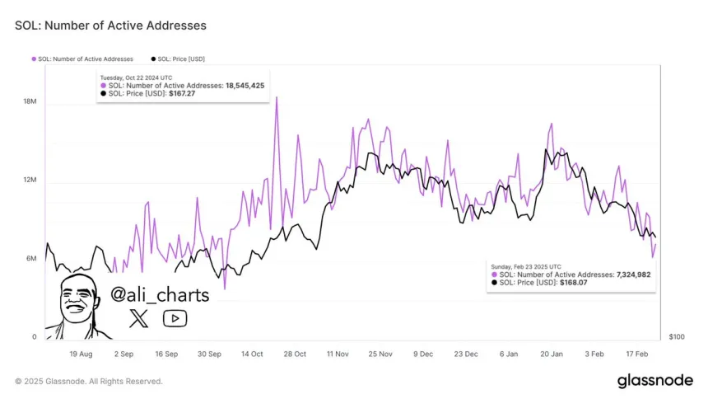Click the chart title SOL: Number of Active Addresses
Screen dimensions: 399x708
pyautogui.click(x=110, y=26)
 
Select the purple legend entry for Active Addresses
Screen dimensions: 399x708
pyautogui.click(x=82, y=59)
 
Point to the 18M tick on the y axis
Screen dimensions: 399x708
pyautogui.click(x=30, y=102)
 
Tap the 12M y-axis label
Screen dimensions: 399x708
pyautogui.click(x=30, y=181)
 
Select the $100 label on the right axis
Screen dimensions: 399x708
pyautogui.click(x=676, y=337)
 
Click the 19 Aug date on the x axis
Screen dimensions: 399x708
pyautogui.click(x=80, y=354)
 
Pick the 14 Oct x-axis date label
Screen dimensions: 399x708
pyautogui.click(x=251, y=354)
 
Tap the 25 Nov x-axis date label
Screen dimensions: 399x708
pyautogui.click(x=380, y=354)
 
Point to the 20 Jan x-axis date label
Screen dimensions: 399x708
pyautogui.click(x=551, y=354)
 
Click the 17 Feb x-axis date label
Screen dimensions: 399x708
pyautogui.click(x=636, y=354)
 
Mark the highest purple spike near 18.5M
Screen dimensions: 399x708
pyautogui.click(x=277, y=97)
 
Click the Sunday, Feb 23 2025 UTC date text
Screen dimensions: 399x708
pyautogui.click(x=527, y=266)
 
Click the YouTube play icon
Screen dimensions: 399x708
pyautogui.click(x=175, y=318)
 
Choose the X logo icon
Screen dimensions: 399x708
pyautogui.click(x=139, y=318)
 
